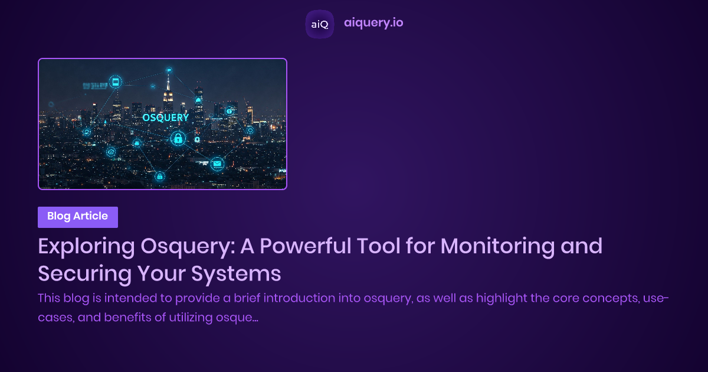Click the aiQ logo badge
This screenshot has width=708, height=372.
(x=319, y=24)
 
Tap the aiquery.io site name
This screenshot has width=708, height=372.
(x=373, y=23)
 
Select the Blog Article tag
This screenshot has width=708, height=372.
(x=78, y=217)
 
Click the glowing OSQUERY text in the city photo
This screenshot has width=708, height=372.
(x=166, y=118)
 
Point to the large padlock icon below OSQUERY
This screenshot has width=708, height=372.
(x=177, y=139)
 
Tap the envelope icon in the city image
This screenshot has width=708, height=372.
(x=217, y=164)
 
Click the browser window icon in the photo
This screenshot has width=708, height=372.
(x=115, y=81)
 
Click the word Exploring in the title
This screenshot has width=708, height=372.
(x=83, y=246)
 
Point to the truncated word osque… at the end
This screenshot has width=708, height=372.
(x=238, y=318)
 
